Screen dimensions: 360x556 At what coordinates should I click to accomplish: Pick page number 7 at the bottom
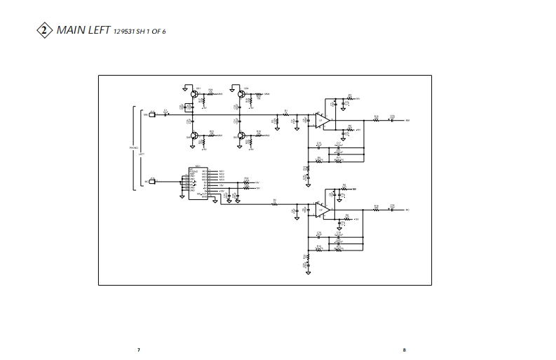tap(139, 349)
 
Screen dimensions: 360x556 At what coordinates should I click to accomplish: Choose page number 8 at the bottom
tap(404, 349)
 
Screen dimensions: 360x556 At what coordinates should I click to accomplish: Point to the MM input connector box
tap(152, 114)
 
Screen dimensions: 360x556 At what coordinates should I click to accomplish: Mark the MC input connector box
tap(152, 182)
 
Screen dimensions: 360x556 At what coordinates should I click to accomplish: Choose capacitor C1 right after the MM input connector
tap(165, 114)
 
